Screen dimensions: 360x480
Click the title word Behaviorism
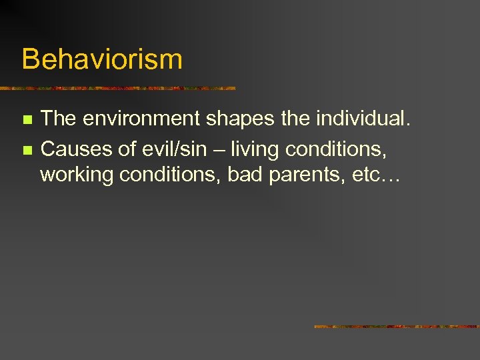[x=101, y=59]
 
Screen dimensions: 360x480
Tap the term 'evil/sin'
[x=174, y=148]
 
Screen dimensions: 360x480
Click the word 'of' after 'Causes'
[x=128, y=148]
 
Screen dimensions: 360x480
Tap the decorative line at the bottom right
[x=397, y=327]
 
